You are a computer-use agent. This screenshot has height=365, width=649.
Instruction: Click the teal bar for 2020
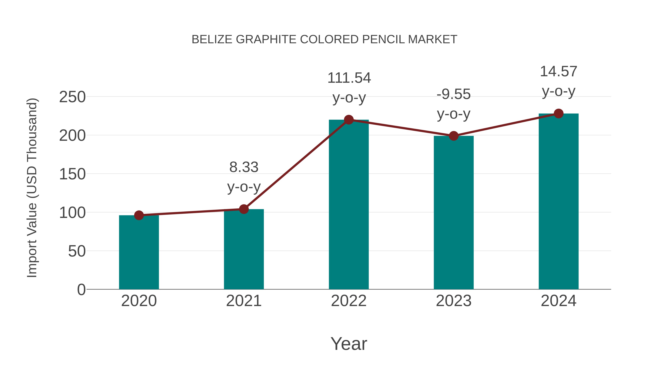[x=139, y=252]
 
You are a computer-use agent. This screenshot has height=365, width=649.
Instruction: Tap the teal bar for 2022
[x=349, y=204]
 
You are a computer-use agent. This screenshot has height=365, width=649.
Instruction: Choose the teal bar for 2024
[x=559, y=201]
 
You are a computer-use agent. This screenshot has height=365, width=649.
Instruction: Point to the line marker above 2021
[x=244, y=209]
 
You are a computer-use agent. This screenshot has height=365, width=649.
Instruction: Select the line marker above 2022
[x=349, y=120]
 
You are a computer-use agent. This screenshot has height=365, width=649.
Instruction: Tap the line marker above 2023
[x=454, y=136]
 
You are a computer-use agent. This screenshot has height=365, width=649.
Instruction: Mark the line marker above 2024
[x=559, y=114]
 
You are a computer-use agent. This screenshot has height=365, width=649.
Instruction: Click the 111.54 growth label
[x=349, y=78]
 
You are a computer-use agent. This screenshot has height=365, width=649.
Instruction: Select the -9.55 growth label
[x=454, y=94]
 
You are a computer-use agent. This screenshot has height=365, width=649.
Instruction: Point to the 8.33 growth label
[x=244, y=167]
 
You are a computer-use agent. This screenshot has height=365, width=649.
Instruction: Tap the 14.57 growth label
[x=559, y=72]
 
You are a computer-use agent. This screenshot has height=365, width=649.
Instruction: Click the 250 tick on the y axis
[x=72, y=97]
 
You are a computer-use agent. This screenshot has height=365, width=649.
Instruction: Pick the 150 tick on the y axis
[x=72, y=174]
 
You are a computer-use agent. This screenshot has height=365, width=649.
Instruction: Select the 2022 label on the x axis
[x=349, y=301]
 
